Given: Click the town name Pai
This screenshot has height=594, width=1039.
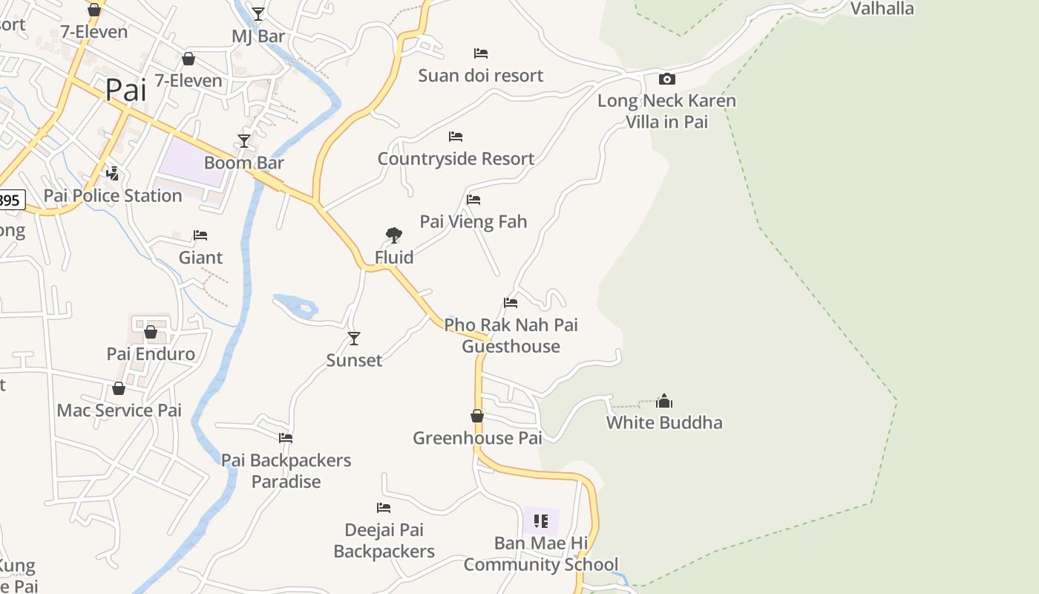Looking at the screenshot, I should [x=125, y=90].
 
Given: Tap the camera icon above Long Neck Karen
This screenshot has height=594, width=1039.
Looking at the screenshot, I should [x=666, y=79].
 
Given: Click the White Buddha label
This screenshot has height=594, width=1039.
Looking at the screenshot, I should [x=664, y=422].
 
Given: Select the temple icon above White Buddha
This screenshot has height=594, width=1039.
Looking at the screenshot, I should [x=664, y=402].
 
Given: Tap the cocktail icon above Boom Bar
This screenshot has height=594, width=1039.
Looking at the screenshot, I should [x=243, y=140].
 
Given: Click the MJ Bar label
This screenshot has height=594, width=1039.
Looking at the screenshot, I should [x=258, y=36].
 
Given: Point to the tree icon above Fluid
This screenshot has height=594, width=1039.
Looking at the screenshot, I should [x=394, y=236].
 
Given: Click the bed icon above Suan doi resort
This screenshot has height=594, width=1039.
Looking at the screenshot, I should [x=481, y=53].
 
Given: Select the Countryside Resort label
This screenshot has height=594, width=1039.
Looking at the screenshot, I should [x=456, y=159].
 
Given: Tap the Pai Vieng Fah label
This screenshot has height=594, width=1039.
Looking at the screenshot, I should [x=473, y=221].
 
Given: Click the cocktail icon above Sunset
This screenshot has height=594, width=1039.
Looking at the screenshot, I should [x=354, y=339].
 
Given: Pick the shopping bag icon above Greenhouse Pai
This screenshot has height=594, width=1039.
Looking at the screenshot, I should [x=477, y=416].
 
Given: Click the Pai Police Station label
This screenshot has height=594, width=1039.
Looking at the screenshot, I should [x=113, y=196].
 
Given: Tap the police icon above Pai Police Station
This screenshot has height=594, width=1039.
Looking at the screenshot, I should [x=113, y=174].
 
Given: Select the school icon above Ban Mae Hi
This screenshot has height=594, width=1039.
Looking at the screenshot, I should [x=541, y=521].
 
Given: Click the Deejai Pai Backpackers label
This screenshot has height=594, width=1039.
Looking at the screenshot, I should [x=384, y=541].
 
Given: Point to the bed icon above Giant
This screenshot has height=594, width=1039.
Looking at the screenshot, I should [x=200, y=235].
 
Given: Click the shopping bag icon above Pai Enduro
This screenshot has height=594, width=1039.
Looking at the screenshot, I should [x=151, y=332].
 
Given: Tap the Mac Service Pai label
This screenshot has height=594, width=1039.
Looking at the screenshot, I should [x=119, y=411].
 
